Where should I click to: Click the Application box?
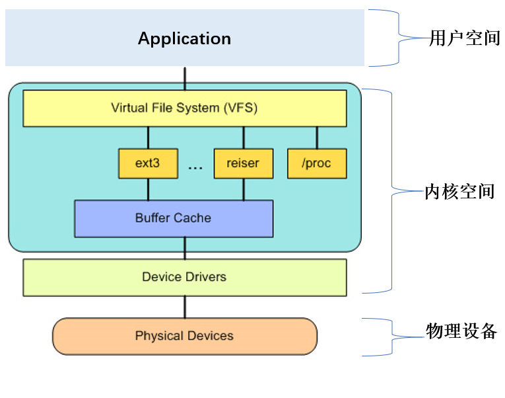[184, 38]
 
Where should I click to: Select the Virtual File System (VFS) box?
[184, 108]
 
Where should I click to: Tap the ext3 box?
[148, 163]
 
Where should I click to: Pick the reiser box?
[244, 163]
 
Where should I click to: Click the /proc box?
[317, 163]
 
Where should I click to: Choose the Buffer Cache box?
[173, 218]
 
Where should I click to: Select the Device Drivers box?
[184, 277]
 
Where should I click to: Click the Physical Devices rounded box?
[184, 336]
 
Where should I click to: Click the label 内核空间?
[459, 192]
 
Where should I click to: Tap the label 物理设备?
[461, 331]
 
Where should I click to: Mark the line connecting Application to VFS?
[185, 78]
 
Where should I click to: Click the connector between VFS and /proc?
[317, 138]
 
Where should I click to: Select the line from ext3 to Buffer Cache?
[148, 189]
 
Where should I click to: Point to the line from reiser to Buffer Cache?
[244, 189]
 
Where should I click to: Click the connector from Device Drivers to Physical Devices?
[185, 307]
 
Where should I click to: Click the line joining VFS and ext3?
[148, 138]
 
